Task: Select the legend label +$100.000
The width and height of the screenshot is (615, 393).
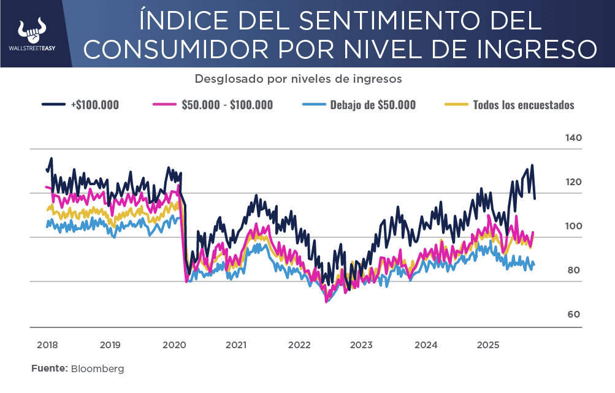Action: tap(95, 105)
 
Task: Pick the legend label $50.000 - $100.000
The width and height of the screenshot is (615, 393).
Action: tap(227, 105)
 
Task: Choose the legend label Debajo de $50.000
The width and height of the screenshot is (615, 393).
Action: tap(373, 105)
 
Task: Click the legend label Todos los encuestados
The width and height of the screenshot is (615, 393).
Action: tap(524, 105)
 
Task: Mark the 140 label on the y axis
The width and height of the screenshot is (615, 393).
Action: tap(573, 138)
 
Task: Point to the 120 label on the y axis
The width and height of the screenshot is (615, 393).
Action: tap(573, 182)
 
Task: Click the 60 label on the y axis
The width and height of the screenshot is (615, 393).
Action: tap(573, 315)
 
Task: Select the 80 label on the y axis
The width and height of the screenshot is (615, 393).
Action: tap(573, 270)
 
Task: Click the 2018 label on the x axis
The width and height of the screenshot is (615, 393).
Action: tap(47, 345)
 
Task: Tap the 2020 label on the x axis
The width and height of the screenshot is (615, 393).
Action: tap(174, 345)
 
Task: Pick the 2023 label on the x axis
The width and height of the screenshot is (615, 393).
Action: tap(361, 345)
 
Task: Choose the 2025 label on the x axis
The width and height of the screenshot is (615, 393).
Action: tap(489, 345)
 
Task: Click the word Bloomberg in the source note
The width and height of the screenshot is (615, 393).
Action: tap(97, 369)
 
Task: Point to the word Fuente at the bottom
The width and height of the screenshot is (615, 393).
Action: tap(49, 369)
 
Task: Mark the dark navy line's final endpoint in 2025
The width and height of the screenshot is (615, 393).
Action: tap(535, 199)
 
